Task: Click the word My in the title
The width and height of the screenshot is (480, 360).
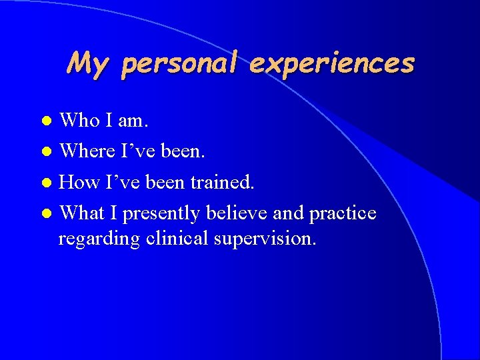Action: pos(87,63)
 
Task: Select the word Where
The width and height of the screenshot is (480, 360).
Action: pos(87,151)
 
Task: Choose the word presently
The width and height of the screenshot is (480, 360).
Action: pos(162,214)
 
